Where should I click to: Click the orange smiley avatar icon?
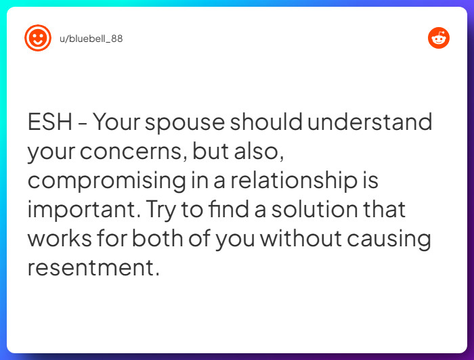(x=38, y=38)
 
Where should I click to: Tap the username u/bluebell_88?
(x=91, y=39)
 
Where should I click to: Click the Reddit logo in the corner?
(x=439, y=38)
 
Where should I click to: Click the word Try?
(x=158, y=210)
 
